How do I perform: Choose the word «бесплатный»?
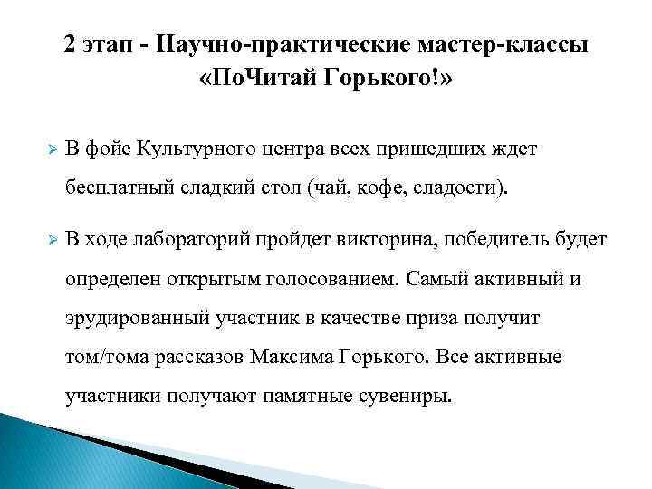(115, 189)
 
